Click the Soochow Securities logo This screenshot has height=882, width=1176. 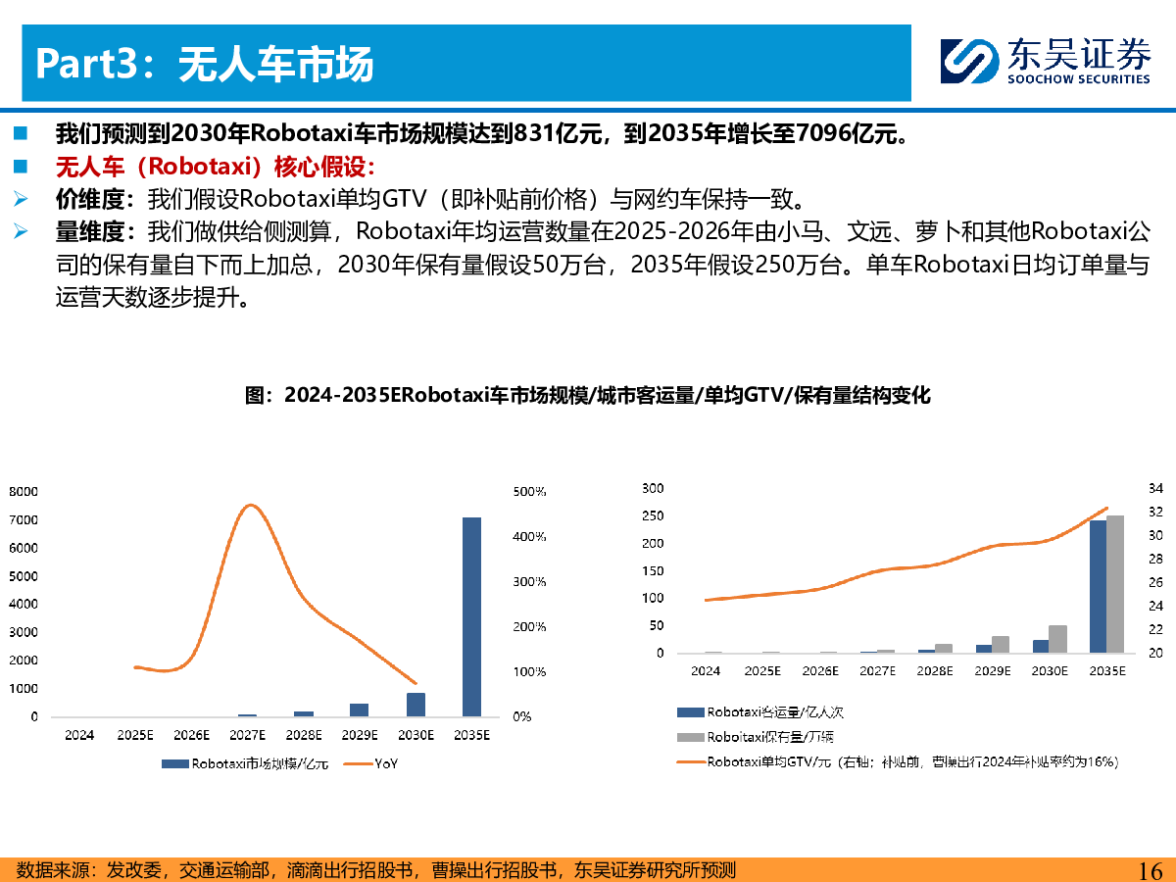(x=1045, y=61)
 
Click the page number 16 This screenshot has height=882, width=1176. (x=1150, y=870)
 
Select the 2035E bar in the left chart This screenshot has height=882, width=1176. (x=471, y=616)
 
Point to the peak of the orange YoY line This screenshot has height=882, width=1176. (x=251, y=506)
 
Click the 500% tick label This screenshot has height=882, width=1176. (x=529, y=492)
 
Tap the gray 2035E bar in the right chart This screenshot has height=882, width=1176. (x=1115, y=584)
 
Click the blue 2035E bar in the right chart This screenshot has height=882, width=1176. (x=1098, y=586)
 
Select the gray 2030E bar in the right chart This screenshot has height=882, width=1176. (x=1057, y=639)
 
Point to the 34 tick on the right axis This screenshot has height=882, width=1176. (x=1155, y=488)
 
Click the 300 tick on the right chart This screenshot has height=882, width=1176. (x=653, y=488)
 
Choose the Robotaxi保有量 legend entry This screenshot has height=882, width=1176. (x=757, y=737)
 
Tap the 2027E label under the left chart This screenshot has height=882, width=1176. (x=248, y=735)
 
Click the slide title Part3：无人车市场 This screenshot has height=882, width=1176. (x=205, y=65)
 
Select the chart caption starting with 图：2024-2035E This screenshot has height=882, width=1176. (x=587, y=396)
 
